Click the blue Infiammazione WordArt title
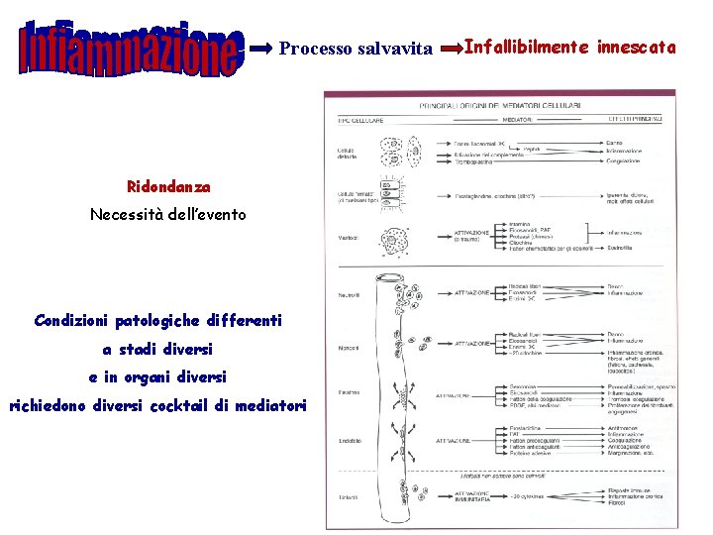tap(132, 49)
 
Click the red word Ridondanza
tap(168, 186)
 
